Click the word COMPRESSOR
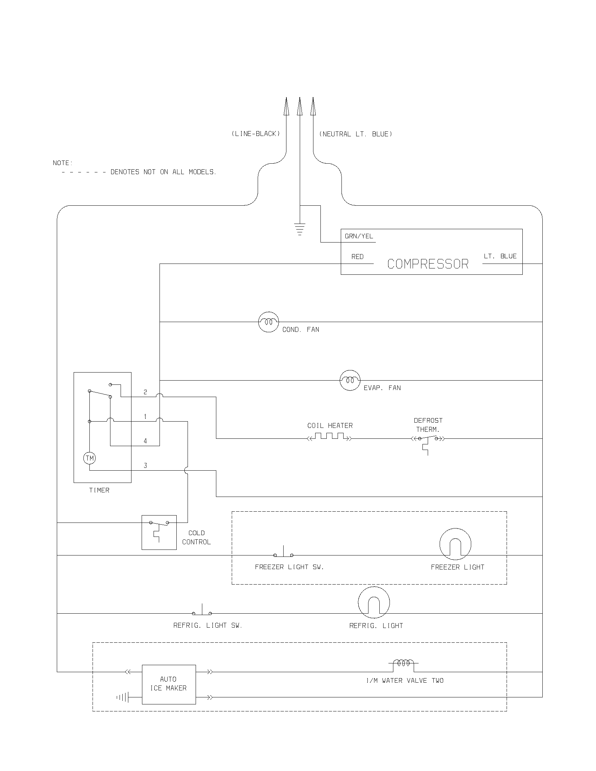coord(428,264)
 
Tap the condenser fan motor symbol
coord(269,322)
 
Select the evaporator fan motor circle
coord(350,380)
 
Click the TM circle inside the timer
coord(90,458)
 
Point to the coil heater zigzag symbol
coord(330,437)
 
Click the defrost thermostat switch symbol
coord(428,439)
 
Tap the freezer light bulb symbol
coord(455,544)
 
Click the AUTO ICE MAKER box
coord(169,684)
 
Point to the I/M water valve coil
coord(403,663)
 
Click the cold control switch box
coord(159,532)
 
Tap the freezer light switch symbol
coord(283,553)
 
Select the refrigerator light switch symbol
coord(202,611)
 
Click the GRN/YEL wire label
coord(359,236)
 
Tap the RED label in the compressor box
coord(357,257)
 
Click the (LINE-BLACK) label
coord(256,134)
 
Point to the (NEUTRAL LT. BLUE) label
coord(355,134)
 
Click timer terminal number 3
coord(145,466)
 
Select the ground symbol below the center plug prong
coord(299,229)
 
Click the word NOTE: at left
coord(62,163)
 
